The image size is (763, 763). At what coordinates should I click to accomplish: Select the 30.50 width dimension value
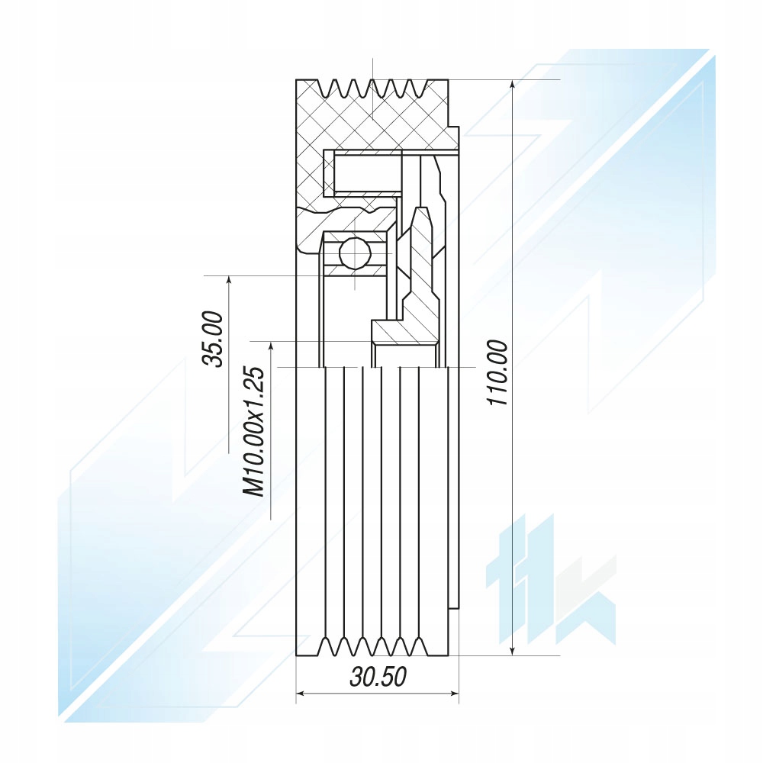pos(378,676)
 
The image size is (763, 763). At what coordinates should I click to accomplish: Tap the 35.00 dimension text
pos(213,339)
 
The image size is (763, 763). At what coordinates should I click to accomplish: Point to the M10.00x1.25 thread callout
pos(254,432)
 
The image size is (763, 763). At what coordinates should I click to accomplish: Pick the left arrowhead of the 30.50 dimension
pos(301,694)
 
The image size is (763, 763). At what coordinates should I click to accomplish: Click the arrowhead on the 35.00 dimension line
pos(228,280)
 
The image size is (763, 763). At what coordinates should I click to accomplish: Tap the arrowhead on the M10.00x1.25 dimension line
pos(271,346)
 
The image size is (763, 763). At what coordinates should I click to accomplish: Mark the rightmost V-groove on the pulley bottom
pos(417,645)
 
